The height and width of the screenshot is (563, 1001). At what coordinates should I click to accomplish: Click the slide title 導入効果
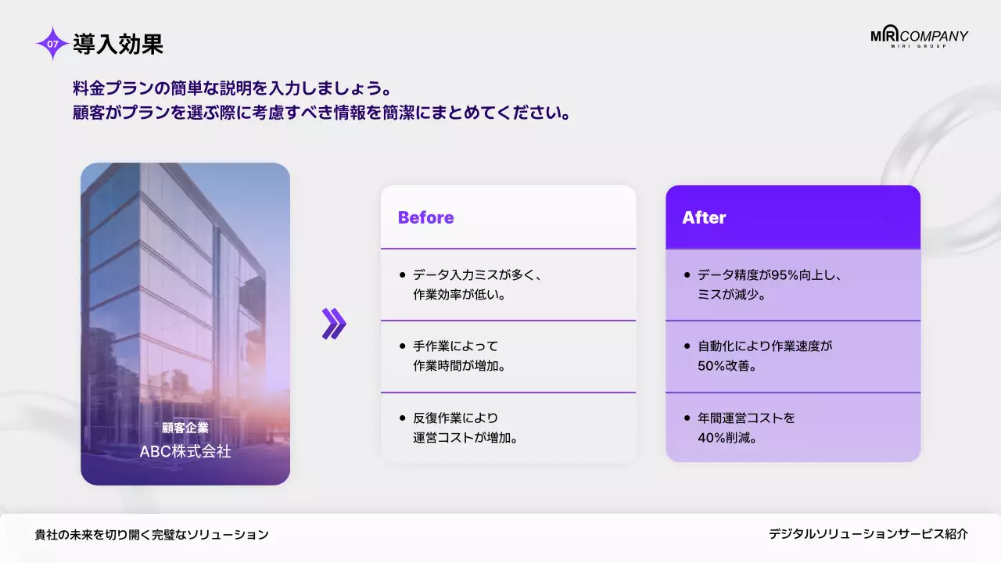pos(118,45)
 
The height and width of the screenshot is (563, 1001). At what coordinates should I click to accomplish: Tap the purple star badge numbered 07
pos(52,45)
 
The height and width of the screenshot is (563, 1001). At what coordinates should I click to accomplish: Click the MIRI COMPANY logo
pos(919,38)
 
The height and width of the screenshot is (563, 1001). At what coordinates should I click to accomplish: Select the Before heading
pos(425,217)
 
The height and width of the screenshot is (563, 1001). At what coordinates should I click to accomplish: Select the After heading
pos(704,217)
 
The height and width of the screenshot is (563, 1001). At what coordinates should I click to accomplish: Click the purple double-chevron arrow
pos(334,324)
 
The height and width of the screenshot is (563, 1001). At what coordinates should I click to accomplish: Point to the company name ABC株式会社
pos(185,452)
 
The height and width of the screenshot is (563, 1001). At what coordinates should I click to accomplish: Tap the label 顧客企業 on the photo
pos(185,428)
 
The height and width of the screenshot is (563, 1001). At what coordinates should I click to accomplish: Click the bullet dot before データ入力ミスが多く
pos(402,275)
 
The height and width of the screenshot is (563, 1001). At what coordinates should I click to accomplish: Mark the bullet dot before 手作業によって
pos(402,346)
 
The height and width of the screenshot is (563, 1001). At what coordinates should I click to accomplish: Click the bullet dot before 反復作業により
pos(402,418)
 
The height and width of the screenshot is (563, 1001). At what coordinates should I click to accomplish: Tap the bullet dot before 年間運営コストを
pos(687,418)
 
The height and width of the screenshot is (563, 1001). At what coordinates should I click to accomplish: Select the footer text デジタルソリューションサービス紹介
pos(868,534)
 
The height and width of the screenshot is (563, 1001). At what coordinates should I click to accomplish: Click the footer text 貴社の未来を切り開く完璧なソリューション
pos(152,535)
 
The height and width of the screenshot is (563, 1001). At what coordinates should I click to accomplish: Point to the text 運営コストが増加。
pos(466,437)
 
